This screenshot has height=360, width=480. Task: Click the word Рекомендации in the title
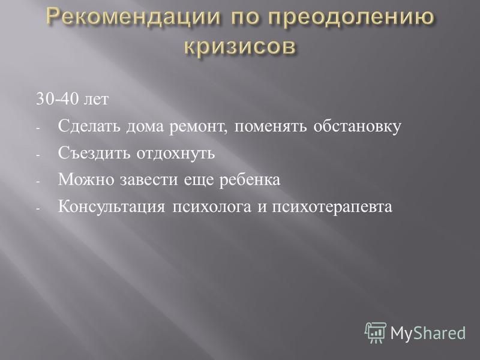click(x=133, y=17)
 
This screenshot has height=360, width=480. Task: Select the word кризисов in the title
click(x=241, y=47)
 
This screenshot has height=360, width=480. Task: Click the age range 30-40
click(x=57, y=99)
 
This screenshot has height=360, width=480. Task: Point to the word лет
click(x=96, y=100)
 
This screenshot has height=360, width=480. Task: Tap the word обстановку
click(x=357, y=127)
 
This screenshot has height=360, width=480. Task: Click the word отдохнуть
click(x=176, y=154)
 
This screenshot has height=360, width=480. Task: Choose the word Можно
click(x=86, y=179)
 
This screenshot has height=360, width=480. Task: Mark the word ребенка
click(x=250, y=179)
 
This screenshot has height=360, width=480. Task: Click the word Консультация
click(x=112, y=206)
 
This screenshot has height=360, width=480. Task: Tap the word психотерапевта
click(x=332, y=207)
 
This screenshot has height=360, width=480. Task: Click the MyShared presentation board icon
click(x=376, y=332)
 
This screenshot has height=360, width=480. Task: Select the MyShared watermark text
click(x=428, y=334)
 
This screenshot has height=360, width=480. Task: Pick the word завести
click(x=148, y=180)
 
